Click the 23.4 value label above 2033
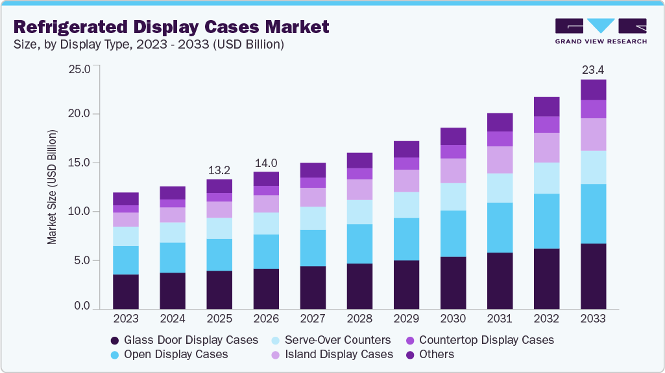593,69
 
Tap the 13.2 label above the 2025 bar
219,170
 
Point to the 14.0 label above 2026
266,163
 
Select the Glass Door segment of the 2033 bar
593,277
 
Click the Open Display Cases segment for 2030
453,233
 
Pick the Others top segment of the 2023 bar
125,199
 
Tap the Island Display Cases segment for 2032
546,148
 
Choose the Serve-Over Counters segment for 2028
359,212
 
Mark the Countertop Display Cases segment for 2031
500,139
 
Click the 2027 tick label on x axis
313,319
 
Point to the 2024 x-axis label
172,319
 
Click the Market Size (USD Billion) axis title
52,187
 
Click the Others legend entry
437,354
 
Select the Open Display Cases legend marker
115,354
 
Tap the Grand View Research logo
601,30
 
